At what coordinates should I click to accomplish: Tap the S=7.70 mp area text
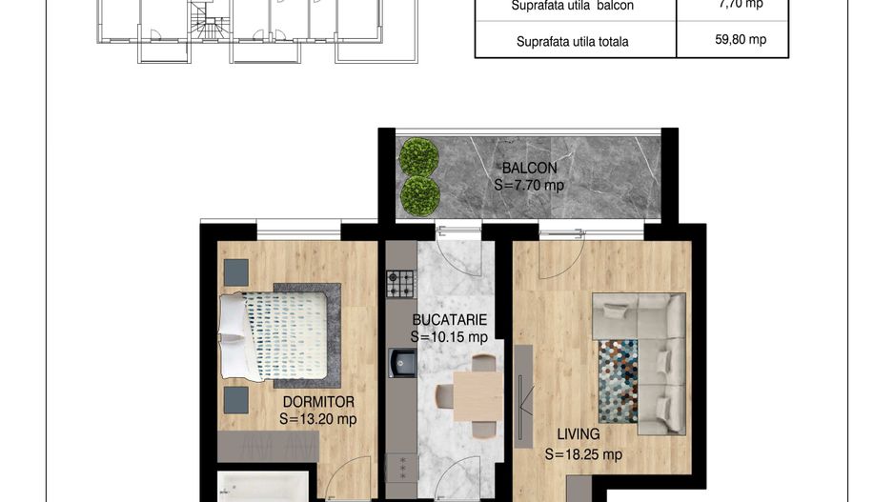tap(529, 185)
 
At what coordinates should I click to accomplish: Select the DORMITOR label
tap(318, 402)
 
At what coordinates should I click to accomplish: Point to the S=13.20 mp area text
tap(318, 418)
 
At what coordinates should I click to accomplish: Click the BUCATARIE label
tap(450, 320)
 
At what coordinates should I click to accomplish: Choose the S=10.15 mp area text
tap(450, 336)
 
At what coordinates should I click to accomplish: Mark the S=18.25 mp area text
tap(583, 454)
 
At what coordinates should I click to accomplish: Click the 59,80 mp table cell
tap(732, 40)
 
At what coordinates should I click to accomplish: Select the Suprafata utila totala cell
tap(572, 42)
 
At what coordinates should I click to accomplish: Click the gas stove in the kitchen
tap(401, 283)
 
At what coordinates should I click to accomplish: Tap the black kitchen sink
tap(401, 363)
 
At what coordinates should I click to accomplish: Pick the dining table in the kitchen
tap(477, 394)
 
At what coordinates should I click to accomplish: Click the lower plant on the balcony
tap(419, 194)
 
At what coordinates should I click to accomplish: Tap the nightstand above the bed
tap(235, 272)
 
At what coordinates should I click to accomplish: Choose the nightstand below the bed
tap(235, 399)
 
